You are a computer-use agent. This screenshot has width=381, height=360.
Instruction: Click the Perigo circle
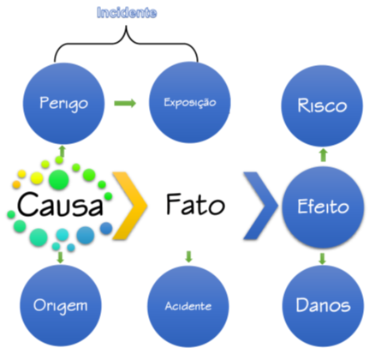[63, 103]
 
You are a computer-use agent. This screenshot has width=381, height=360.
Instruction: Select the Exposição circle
[190, 102]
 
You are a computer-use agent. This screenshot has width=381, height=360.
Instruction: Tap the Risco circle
[322, 105]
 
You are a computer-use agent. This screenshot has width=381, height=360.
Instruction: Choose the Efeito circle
[323, 207]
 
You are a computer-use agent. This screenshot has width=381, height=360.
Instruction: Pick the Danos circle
[323, 306]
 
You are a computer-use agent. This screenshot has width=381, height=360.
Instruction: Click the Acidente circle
[188, 306]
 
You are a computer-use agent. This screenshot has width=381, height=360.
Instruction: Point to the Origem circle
[61, 305]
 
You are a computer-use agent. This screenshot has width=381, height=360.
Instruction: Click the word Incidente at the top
[127, 13]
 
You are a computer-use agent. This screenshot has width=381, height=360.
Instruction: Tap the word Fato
[195, 204]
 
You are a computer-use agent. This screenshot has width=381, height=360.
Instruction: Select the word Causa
[60, 204]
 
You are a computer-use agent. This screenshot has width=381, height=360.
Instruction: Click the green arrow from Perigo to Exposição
[125, 103]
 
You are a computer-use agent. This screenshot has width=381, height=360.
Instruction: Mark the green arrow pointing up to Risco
[323, 155]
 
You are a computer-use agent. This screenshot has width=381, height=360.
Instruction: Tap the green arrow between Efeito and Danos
[322, 259]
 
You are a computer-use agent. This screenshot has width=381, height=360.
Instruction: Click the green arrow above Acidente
[188, 256]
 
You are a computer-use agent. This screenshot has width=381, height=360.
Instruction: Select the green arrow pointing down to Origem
[60, 257]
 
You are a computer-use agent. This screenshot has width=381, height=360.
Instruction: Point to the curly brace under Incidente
[126, 43]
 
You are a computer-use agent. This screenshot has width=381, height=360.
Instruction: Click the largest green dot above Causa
[59, 180]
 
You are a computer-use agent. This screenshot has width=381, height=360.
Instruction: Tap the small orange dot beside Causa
[16, 184]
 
